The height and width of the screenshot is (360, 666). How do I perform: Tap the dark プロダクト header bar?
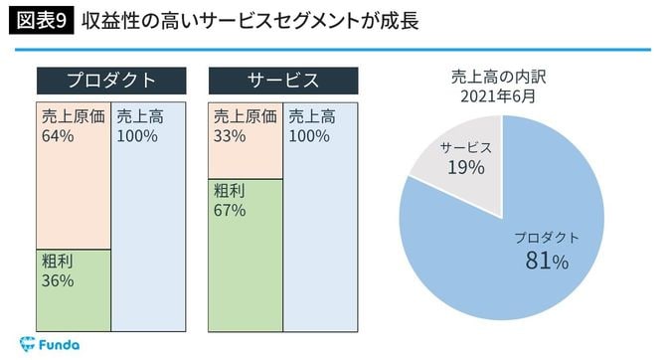pos(111,81)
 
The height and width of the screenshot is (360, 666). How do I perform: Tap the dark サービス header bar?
pos(283,81)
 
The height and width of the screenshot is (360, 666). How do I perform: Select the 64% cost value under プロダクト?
pos(58,136)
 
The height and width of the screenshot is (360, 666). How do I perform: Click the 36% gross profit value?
pos(58,281)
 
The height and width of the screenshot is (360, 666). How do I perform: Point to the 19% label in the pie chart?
pos(465,167)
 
